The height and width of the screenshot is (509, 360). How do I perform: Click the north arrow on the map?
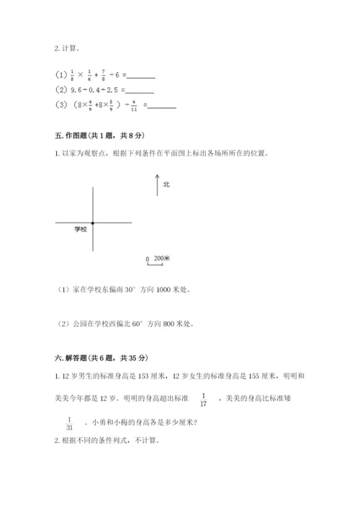tap(157, 184)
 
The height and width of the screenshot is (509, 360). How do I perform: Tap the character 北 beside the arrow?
tap(166, 184)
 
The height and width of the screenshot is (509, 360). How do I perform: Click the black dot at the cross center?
tap(92, 223)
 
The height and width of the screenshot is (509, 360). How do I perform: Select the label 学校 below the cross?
tap(80, 229)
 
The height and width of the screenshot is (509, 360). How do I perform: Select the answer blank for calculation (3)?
tap(161, 106)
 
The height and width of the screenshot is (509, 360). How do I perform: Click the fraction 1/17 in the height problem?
tap(204, 399)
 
